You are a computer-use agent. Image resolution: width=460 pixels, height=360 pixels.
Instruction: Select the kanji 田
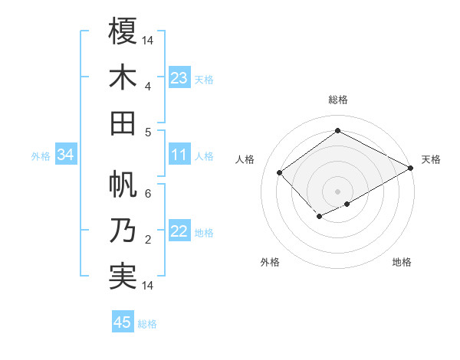pos(123,123)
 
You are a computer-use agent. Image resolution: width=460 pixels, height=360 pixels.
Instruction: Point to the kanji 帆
pos(123,184)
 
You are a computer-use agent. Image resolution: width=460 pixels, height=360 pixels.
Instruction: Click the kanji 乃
pos(123,230)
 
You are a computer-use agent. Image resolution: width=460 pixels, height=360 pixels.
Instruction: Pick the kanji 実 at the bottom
pos(123,276)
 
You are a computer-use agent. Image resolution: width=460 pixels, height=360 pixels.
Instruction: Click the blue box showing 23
pos(179,78)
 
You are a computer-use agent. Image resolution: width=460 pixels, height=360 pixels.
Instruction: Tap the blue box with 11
pos(179,155)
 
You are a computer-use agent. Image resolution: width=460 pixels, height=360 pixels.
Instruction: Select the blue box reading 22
pos(179,232)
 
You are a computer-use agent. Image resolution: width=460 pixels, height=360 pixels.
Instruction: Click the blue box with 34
pos(65,155)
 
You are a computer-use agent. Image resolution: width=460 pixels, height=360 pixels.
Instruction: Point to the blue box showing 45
pos(123,322)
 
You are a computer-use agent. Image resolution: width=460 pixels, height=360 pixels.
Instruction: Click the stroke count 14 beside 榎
pos(148,40)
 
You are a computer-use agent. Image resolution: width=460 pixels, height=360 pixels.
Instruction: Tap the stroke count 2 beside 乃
pos(147,240)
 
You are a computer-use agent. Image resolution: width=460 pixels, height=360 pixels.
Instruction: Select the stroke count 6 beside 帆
pos(147,194)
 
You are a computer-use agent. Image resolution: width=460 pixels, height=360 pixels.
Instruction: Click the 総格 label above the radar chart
pos(338,100)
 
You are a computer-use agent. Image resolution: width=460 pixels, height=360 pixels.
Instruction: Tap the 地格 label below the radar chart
pos(402,262)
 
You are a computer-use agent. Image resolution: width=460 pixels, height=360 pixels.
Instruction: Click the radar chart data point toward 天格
pos(411,169)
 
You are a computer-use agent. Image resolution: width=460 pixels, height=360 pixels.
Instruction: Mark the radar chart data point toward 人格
pos(280,173)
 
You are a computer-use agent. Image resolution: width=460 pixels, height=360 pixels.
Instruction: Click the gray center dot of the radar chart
pos(337,190)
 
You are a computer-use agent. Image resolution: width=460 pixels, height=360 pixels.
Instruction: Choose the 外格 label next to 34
pos(41,156)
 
